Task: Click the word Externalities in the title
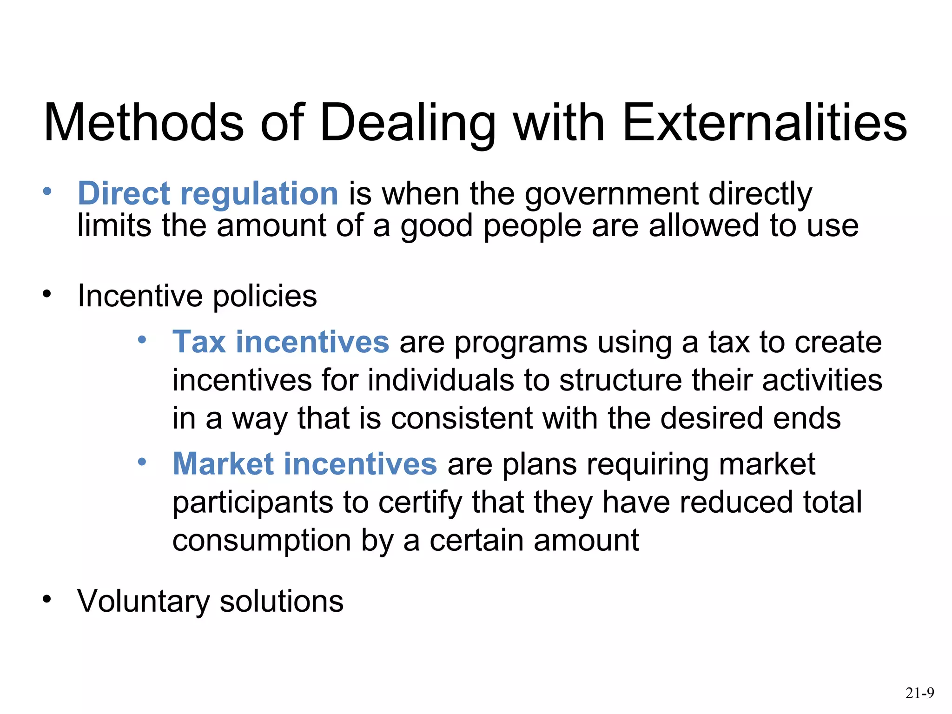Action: coord(764,123)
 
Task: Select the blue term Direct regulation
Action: coord(208,193)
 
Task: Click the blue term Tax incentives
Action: coord(280,342)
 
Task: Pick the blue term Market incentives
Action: coord(304,464)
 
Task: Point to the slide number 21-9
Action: coord(919,693)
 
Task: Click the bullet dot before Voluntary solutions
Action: coord(46,599)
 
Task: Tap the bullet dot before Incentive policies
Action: coord(46,294)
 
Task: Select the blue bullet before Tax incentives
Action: coord(142,340)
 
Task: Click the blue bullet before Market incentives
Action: coord(142,462)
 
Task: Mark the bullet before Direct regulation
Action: coord(46,191)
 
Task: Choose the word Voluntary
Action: coord(144,602)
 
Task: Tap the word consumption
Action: coord(262,541)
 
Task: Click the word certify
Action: coord(420,503)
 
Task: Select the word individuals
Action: coord(441,380)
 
